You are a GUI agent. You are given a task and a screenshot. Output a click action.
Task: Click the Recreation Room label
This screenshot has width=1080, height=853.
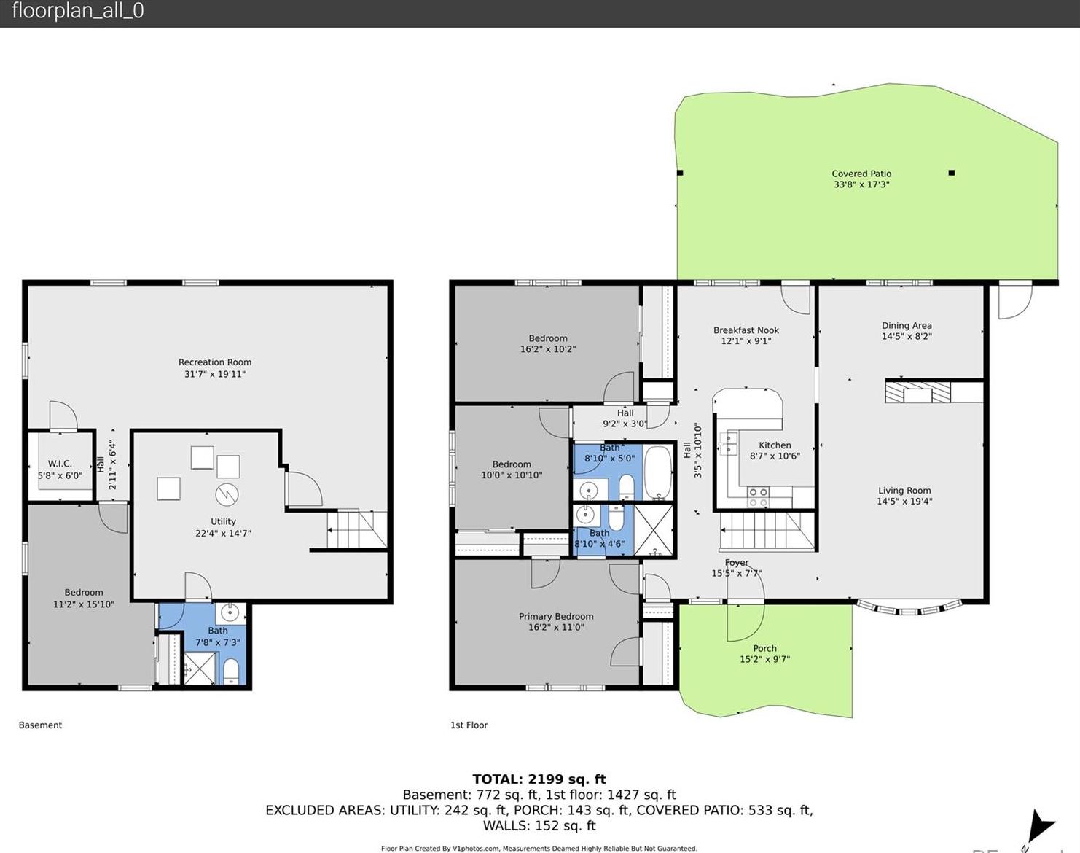(x=215, y=362)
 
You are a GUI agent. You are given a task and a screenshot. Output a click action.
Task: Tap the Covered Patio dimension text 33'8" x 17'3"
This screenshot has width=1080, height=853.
(x=861, y=184)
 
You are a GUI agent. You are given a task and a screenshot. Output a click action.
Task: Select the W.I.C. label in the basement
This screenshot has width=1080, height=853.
(x=60, y=464)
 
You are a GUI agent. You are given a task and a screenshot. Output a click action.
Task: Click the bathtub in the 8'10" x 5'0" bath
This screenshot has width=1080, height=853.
(x=657, y=472)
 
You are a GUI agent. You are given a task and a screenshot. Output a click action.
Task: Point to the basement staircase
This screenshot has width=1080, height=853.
(x=357, y=529)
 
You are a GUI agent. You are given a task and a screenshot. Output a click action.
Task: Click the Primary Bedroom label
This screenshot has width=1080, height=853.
(x=556, y=616)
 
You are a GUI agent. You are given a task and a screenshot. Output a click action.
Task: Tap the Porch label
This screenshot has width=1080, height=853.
(x=764, y=648)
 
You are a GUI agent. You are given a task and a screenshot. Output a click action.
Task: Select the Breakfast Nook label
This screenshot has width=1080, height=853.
(x=746, y=330)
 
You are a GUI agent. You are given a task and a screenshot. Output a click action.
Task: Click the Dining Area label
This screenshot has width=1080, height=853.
(x=907, y=325)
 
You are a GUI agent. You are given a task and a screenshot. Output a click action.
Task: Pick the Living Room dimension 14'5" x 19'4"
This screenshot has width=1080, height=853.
(x=904, y=501)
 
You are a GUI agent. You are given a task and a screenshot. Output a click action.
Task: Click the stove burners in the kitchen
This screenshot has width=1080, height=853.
(x=758, y=497)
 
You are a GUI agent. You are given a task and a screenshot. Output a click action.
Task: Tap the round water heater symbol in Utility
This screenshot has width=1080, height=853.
(x=227, y=495)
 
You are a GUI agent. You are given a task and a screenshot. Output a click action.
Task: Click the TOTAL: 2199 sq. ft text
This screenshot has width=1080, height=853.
(x=539, y=779)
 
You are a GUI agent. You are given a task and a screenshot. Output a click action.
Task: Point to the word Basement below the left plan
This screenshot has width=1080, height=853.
(x=40, y=725)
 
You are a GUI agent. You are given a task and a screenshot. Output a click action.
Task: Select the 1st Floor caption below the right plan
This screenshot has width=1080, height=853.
(x=469, y=725)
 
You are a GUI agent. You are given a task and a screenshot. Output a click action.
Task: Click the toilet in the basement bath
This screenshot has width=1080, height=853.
(x=231, y=671)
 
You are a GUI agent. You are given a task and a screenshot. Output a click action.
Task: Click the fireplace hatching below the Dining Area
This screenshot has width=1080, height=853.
(x=918, y=392)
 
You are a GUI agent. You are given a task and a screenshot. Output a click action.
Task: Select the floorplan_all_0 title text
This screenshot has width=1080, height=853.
(x=78, y=11)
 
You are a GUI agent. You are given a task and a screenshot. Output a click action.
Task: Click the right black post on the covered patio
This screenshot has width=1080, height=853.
(x=952, y=173)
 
